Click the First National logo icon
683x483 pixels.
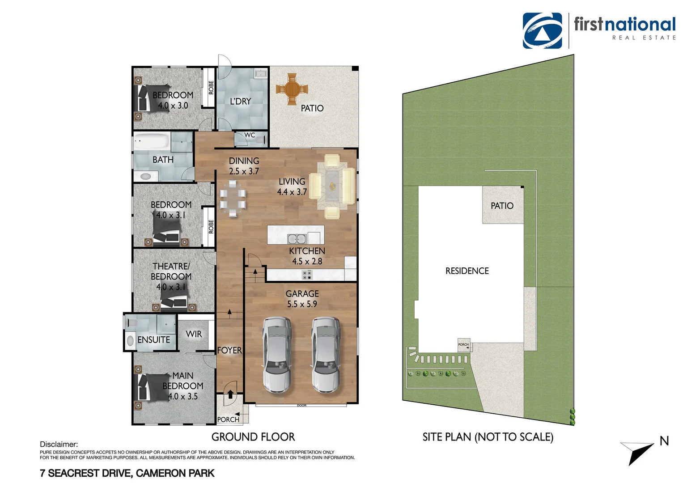pyautogui.click(x=542, y=30)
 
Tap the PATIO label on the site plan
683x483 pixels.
pyautogui.click(x=502, y=206)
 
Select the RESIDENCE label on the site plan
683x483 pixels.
pyautogui.click(x=467, y=271)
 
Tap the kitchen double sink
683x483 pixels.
pyautogui.click(x=297, y=239)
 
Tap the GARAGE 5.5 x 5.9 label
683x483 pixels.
pyautogui.click(x=302, y=299)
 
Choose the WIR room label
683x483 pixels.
pyautogui.click(x=194, y=334)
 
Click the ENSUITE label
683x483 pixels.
pyautogui.click(x=153, y=340)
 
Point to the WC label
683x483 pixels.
pyautogui.click(x=250, y=135)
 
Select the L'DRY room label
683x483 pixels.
pyautogui.click(x=241, y=102)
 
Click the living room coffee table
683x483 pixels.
pyautogui.click(x=332, y=186)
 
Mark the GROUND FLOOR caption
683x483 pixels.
pyautogui.click(x=253, y=437)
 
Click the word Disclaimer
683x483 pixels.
pyautogui.click(x=59, y=445)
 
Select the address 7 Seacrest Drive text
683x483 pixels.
pyautogui.click(x=127, y=473)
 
